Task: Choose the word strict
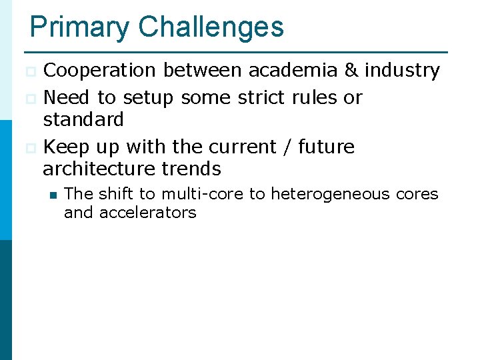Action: pyautogui.click(x=261, y=97)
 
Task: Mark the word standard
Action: pyautogui.click(x=83, y=120)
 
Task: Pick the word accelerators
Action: pyautogui.click(x=147, y=213)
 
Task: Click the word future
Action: pyautogui.click(x=326, y=147)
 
